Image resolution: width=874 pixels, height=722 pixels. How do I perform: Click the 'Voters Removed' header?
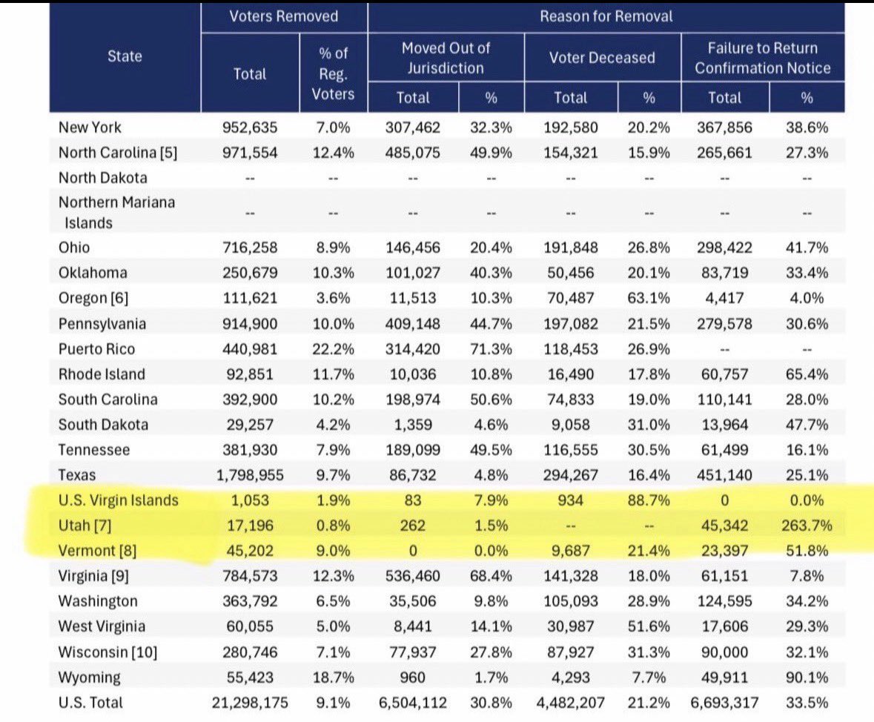pos(284,16)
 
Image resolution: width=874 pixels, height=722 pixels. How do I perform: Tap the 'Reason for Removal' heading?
pos(606,16)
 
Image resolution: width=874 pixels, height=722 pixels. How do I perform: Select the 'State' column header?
pos(125,56)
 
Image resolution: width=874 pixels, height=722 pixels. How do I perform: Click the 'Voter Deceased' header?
pos(602,57)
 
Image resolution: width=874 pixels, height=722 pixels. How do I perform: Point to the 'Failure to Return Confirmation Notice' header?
pos(763,58)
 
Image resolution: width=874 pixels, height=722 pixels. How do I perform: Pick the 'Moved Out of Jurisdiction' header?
pos(446,58)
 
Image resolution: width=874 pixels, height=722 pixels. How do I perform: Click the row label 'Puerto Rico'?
pos(96,349)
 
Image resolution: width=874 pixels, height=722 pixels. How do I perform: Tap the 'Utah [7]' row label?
pos(85,526)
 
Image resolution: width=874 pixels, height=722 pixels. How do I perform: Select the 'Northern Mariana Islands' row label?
pos(116,213)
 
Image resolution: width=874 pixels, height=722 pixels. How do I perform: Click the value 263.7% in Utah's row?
pos(807,526)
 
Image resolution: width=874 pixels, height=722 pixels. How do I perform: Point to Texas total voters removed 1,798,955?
pos(250,475)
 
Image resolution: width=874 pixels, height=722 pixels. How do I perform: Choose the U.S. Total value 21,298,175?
pos(250,703)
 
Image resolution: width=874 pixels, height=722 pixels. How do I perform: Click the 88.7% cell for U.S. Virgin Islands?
pos(649,500)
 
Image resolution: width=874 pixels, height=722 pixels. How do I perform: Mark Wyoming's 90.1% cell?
pos(807,678)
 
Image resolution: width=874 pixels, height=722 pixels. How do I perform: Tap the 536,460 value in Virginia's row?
pos(412,576)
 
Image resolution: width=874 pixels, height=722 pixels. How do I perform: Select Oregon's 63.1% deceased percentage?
pos(649,298)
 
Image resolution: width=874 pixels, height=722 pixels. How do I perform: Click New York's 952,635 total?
pos(250,127)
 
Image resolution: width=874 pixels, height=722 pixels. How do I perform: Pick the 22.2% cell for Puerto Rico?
pos(333,349)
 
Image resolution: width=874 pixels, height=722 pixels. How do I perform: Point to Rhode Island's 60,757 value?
pos(724,374)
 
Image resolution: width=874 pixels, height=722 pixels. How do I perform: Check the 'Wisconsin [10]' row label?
pos(107,652)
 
